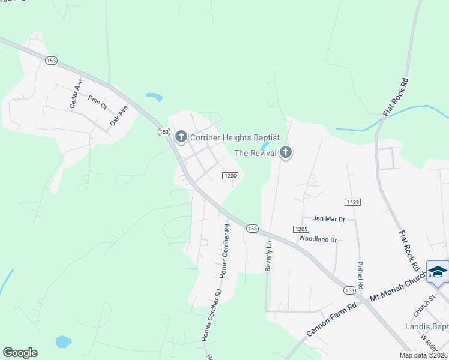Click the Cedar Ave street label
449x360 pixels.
click(75, 95)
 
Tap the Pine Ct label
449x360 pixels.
click(97, 102)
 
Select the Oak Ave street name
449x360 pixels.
click(119, 116)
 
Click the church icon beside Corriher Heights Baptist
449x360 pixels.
click(181, 137)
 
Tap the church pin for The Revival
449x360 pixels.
click(286, 153)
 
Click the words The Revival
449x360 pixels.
click(255, 154)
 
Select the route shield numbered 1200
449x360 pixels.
click(231, 176)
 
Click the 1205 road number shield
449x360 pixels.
click(301, 229)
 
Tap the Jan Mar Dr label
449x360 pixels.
click(329, 219)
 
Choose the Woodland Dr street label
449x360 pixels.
click(318, 239)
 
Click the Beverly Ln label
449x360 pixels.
click(269, 255)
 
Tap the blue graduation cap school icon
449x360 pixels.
click(438, 272)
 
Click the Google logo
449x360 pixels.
click(20, 353)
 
